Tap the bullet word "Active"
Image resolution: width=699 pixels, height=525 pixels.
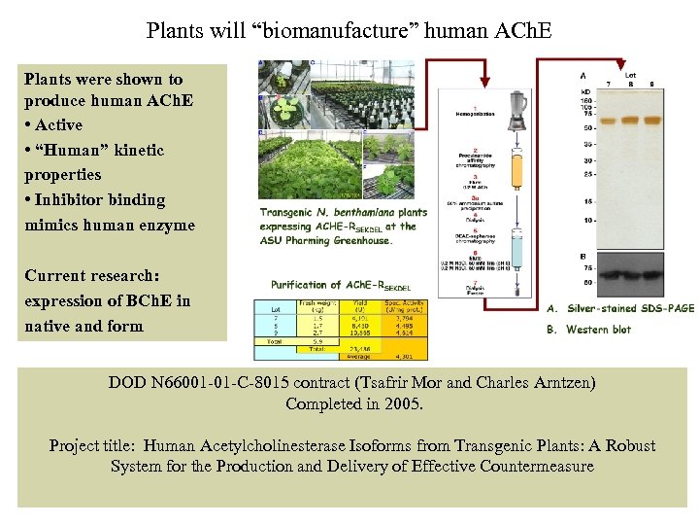pyautogui.click(x=59, y=125)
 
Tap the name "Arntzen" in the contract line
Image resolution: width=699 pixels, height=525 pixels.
pyautogui.click(x=559, y=383)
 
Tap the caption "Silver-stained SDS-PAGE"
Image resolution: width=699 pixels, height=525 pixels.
pyautogui.click(x=630, y=308)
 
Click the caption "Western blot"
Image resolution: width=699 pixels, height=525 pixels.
pyautogui.click(x=598, y=330)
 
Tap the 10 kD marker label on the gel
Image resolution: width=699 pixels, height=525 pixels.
pyautogui.click(x=585, y=221)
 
